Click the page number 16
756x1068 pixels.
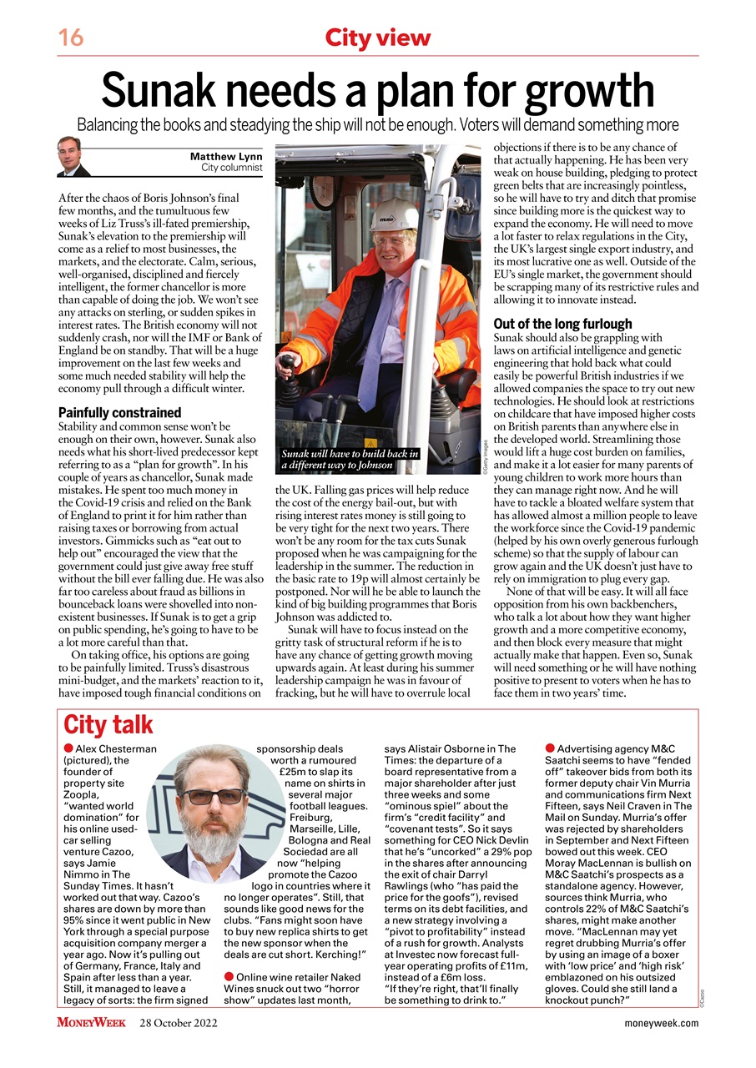tap(71, 38)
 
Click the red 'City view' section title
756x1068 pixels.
tap(377, 38)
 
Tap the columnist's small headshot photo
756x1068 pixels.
tap(73, 157)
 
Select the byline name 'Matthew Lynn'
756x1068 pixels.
tap(226, 157)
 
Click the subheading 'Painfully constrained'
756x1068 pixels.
tap(119, 412)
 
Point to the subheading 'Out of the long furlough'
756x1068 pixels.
tap(562, 324)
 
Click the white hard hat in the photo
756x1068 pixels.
tap(393, 215)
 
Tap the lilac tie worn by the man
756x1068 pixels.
tap(372, 334)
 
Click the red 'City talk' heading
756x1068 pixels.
tap(108, 724)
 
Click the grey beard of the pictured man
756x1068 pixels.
tap(213, 839)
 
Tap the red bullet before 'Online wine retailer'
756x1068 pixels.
tap(229, 976)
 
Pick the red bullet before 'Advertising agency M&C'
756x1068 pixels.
tap(549, 748)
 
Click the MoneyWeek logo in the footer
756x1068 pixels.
tap(91, 1023)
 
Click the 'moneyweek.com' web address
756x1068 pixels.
tap(661, 1024)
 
